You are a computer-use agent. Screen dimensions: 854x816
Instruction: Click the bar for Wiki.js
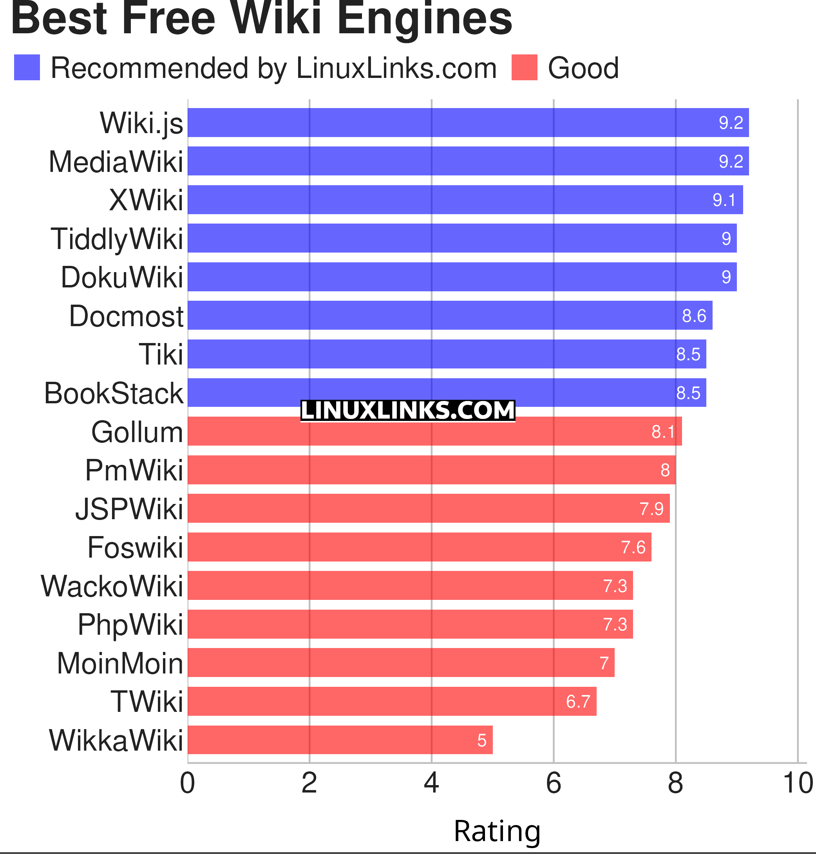(x=468, y=123)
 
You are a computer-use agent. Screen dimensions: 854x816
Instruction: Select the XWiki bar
(x=465, y=200)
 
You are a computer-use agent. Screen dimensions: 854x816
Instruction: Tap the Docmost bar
(x=450, y=315)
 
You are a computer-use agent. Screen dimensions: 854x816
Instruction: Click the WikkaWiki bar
(x=340, y=740)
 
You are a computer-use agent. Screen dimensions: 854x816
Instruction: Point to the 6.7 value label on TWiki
(x=578, y=701)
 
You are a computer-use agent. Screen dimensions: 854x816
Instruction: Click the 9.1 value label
(x=724, y=200)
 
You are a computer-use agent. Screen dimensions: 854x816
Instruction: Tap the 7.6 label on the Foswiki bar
(x=633, y=547)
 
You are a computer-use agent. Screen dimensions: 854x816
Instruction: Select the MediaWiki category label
(x=116, y=162)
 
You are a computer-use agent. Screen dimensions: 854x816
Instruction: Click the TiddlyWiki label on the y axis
(x=117, y=239)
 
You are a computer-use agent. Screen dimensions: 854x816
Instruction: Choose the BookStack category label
(x=114, y=393)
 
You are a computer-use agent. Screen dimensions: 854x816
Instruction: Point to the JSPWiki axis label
(x=129, y=509)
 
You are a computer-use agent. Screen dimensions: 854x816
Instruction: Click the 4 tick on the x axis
(x=431, y=784)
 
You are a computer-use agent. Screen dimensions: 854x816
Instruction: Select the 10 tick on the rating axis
(x=797, y=784)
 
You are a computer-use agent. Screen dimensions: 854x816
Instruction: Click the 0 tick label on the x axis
(x=188, y=784)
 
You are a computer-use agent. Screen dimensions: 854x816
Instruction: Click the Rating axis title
(x=497, y=831)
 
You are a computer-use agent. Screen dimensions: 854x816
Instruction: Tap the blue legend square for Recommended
(x=27, y=67)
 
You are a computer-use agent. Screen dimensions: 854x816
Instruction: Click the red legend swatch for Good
(x=524, y=67)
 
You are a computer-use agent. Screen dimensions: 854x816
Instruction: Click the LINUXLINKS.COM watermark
(x=407, y=410)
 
